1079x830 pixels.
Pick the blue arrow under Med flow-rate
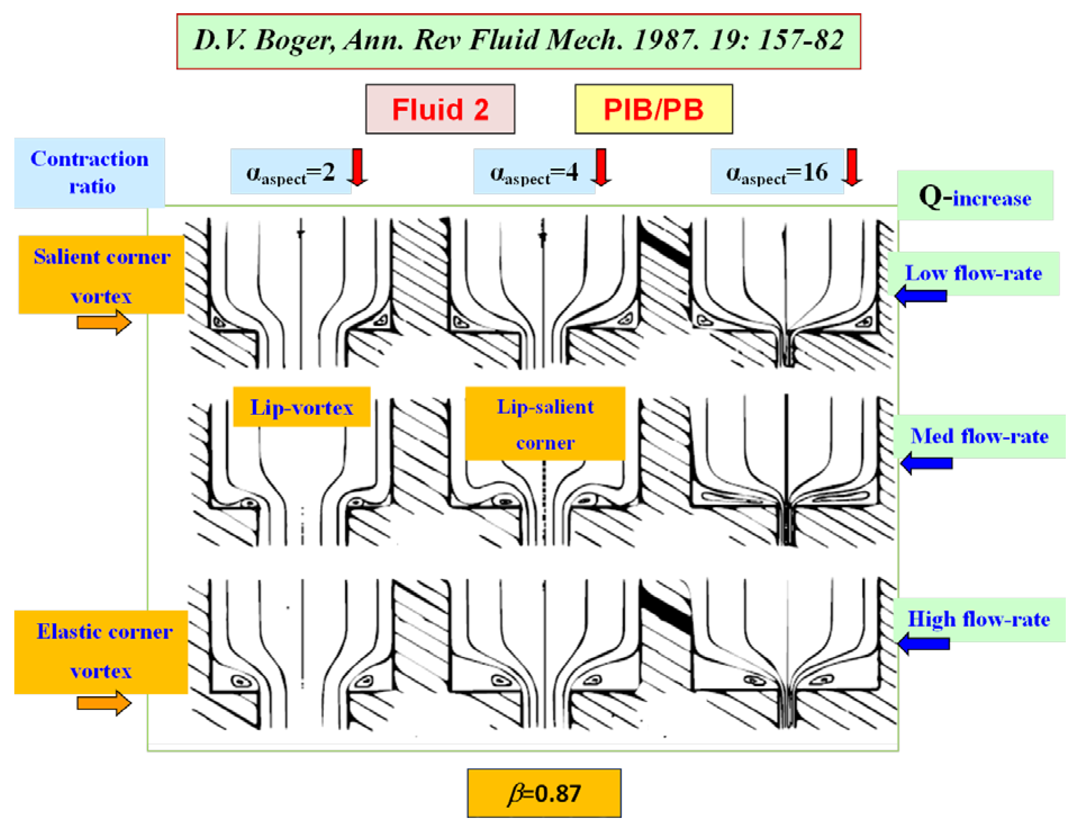tap(927, 463)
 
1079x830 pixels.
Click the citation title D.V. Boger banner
tap(518, 41)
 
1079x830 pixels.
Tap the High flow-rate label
tap(979, 619)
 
